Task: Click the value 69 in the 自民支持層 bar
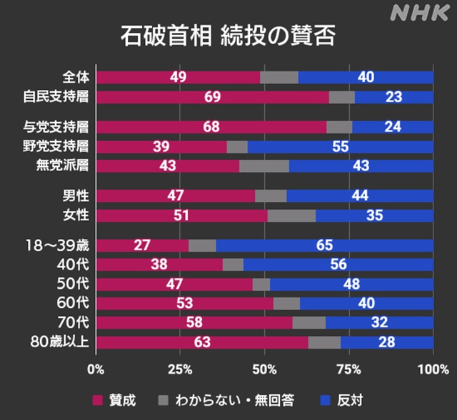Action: [212, 97]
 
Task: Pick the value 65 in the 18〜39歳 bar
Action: [324, 245]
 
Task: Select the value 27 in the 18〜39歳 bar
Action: [142, 245]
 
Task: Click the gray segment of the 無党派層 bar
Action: [264, 165]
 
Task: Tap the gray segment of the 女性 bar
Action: [291, 215]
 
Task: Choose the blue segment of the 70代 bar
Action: [379, 322]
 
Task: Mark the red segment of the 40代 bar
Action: [159, 265]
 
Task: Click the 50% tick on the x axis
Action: [264, 369]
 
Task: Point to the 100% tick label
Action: [433, 369]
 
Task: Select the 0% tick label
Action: [96, 369]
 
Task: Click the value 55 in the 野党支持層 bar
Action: [340, 146]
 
